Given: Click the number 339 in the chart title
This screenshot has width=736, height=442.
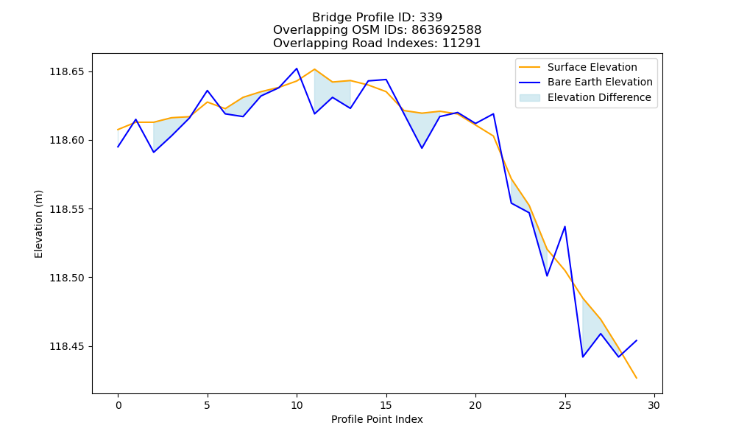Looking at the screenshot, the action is point(431,18).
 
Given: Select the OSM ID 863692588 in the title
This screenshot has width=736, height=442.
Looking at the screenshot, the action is point(447,30).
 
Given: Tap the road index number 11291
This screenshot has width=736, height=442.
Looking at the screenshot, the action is point(461,43).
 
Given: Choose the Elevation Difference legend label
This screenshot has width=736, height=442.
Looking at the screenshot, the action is point(599,97).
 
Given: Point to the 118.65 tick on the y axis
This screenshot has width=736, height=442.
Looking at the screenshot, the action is point(67,72).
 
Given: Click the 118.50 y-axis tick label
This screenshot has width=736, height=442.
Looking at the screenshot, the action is point(67,278).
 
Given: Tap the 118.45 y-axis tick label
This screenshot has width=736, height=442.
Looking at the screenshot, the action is point(67,347).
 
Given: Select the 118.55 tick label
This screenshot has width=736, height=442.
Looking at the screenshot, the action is point(67,209).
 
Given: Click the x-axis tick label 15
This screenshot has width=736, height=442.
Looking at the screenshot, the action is point(386,405).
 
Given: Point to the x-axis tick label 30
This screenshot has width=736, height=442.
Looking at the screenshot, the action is point(654,405).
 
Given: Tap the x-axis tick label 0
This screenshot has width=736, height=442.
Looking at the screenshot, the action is point(118,405).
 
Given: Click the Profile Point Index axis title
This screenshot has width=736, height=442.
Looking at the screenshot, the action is point(377,419).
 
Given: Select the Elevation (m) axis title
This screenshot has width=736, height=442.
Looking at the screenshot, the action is point(38,224).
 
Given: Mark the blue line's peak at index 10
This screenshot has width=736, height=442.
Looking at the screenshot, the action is point(297,69).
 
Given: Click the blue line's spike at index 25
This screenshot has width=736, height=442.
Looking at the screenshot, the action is point(565,227).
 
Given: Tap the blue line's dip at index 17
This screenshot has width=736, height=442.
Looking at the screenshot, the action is point(422,148).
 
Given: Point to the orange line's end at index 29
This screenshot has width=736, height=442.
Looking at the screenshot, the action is point(637,378).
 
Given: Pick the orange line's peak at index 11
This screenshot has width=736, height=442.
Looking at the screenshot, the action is point(314,69).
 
